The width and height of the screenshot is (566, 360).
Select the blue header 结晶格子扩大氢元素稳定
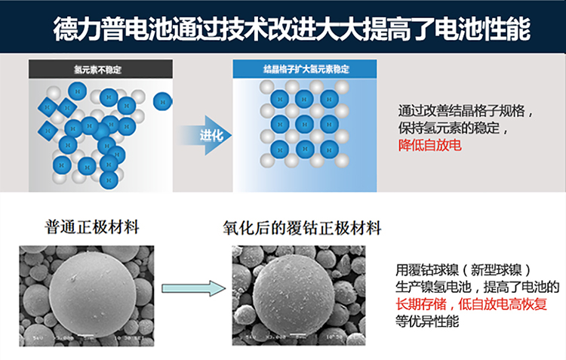click(x=303, y=69)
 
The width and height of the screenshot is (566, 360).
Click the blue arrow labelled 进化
click(x=205, y=136)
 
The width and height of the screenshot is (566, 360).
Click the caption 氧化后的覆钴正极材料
click(x=302, y=228)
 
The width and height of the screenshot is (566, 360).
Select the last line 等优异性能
click(x=427, y=322)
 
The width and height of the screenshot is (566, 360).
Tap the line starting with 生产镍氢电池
click(x=477, y=287)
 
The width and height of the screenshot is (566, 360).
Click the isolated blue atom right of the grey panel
click(x=162, y=100)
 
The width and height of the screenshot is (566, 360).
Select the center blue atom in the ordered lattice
click(x=304, y=123)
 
